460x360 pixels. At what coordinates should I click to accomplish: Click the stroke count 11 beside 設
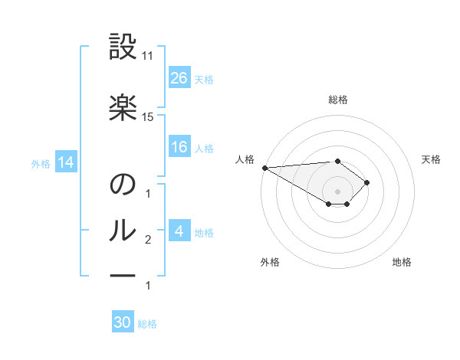(148, 55)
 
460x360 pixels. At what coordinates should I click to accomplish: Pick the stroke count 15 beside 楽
(148, 116)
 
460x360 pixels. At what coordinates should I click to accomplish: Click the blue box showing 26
(179, 78)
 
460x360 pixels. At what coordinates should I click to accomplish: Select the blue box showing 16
(179, 148)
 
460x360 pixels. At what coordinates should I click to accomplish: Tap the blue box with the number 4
(179, 231)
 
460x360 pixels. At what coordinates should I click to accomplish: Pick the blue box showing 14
(65, 162)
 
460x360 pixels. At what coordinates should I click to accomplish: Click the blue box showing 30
(123, 322)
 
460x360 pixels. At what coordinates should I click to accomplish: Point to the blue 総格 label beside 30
(147, 324)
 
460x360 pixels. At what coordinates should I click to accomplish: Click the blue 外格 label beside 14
(41, 163)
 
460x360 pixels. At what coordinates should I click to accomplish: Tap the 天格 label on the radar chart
(431, 159)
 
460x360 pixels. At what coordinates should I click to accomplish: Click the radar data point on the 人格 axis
(264, 167)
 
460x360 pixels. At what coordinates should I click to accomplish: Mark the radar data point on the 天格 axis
(367, 182)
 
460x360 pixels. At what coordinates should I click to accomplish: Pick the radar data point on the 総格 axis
(337, 161)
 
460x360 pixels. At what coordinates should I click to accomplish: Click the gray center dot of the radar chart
(337, 191)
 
